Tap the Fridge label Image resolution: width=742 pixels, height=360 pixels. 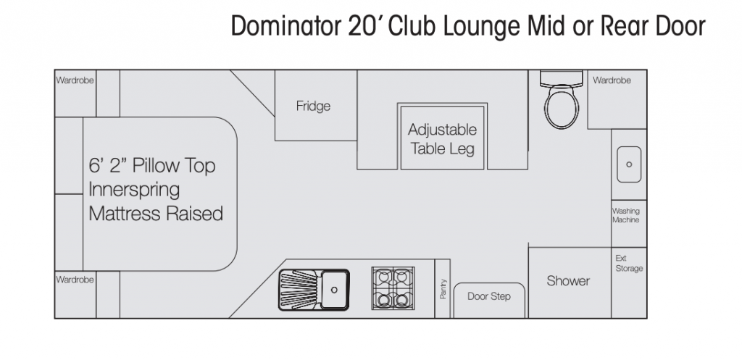(313, 106)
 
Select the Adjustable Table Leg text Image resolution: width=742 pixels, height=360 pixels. (442, 139)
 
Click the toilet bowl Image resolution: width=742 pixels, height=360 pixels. (562, 106)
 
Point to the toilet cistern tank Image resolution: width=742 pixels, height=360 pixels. (562, 78)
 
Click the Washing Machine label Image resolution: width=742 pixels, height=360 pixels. (625, 215)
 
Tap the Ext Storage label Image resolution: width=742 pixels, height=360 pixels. (629, 263)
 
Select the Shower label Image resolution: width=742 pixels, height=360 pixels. (568, 280)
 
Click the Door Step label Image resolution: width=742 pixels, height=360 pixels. (489, 296)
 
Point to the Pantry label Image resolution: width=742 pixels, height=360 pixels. (443, 288)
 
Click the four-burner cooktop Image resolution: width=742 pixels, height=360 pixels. (393, 288)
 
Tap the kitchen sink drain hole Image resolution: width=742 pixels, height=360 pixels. (334, 290)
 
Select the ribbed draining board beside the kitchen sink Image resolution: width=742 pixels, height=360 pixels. (299, 290)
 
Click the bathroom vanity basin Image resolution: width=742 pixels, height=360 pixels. (629, 164)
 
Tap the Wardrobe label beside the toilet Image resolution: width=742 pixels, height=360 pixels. (612, 80)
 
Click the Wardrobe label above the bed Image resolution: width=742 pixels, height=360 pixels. (75, 80)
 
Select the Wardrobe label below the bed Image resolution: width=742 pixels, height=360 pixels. (75, 280)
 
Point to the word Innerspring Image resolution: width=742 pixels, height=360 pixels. (134, 191)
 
